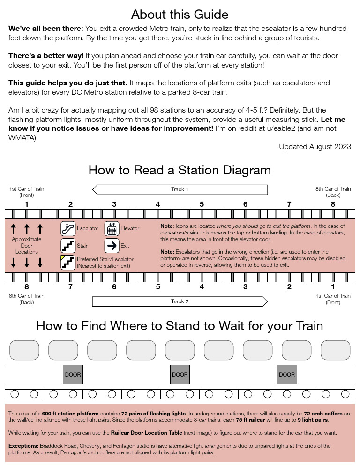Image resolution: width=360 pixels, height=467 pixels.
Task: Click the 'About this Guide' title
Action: point(180,14)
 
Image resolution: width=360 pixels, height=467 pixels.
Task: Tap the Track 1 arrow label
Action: point(180,189)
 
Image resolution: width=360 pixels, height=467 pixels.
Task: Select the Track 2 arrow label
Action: point(180,301)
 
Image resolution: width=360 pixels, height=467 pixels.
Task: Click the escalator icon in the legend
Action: point(68,229)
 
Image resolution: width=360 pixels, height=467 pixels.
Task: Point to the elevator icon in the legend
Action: point(112,229)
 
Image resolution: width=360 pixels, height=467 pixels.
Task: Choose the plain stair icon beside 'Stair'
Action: point(68,246)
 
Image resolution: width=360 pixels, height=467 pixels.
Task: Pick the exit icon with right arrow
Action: point(112,246)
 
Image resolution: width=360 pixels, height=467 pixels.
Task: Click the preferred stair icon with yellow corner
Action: point(68,263)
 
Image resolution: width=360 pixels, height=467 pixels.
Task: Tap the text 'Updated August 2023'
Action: point(315,147)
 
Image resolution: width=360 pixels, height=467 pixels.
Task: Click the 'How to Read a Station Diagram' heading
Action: point(180,170)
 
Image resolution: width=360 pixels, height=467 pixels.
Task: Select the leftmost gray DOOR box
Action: point(73,375)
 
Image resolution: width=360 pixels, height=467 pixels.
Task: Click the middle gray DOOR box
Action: point(180,375)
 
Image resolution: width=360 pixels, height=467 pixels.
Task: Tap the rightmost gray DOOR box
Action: point(287,375)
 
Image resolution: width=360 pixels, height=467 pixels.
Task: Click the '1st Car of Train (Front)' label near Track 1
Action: point(26,192)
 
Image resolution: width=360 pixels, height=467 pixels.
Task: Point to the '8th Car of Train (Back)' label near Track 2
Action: point(26,299)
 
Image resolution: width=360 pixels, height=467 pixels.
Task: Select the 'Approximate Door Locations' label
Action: point(27,246)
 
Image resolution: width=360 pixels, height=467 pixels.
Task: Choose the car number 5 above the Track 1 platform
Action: point(202,204)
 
